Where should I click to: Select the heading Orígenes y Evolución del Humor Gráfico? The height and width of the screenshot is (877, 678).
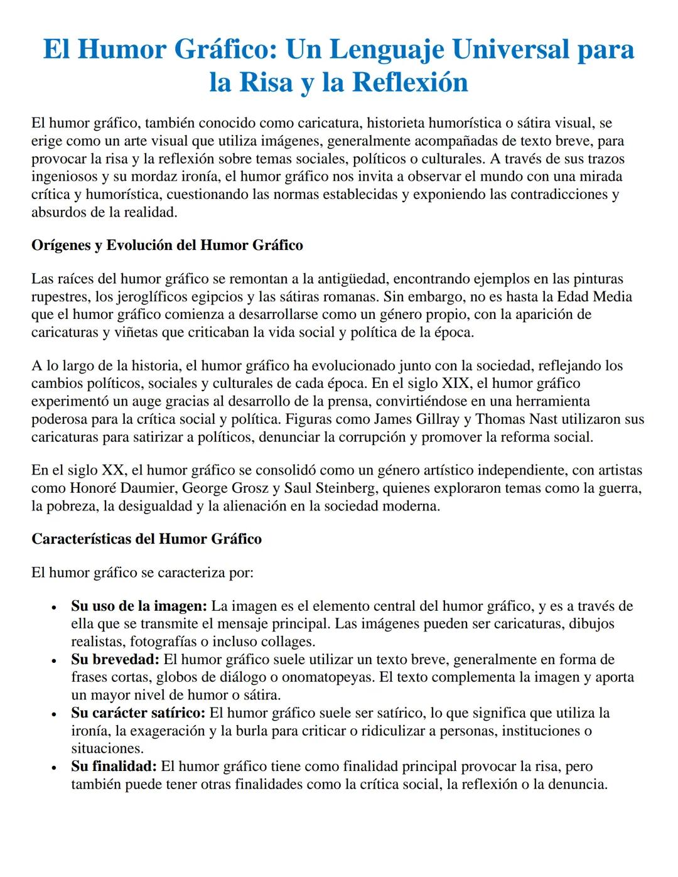[167, 245]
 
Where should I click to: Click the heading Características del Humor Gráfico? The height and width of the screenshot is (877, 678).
[146, 539]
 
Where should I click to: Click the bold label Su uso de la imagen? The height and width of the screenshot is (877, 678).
[139, 606]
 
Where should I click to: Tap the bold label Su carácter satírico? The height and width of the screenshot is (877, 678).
[138, 713]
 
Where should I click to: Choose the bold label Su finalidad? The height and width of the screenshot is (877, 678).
[114, 767]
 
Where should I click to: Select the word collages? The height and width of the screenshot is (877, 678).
[286, 642]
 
